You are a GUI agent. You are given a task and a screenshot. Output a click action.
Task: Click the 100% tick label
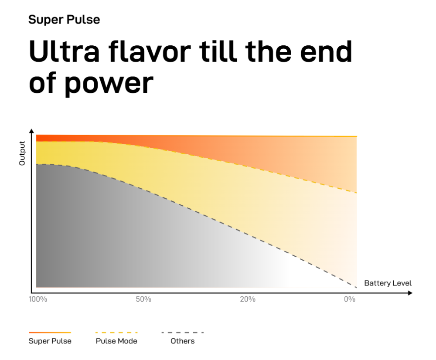38,299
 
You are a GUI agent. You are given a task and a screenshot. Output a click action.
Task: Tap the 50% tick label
143,299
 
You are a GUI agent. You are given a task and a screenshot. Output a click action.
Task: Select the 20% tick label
248,299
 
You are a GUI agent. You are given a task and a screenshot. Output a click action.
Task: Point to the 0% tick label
350,299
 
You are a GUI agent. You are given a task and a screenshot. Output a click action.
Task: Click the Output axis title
22,153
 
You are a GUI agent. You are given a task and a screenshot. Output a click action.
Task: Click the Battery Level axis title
388,283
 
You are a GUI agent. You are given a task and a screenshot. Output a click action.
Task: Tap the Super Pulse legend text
50,341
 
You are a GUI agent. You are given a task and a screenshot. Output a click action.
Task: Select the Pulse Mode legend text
116,341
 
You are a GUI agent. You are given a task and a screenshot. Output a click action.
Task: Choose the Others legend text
183,341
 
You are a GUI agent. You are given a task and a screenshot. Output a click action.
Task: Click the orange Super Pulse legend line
50,333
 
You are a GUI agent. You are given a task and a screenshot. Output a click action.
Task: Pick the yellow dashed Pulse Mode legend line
116,333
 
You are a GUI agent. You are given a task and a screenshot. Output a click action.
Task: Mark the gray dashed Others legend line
183,333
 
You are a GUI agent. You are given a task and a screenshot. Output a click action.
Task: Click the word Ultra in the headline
64,51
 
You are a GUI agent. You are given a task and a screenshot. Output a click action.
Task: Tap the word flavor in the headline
150,51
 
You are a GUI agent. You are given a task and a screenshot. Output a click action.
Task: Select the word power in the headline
109,83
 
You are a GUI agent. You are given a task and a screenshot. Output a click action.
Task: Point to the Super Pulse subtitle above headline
64,20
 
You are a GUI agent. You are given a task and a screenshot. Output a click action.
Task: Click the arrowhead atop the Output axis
31,131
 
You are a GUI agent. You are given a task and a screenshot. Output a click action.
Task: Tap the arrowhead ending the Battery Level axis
410,293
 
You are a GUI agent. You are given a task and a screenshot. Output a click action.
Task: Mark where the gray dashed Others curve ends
357,288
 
